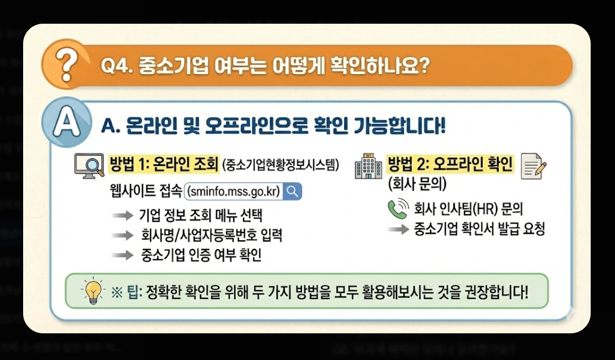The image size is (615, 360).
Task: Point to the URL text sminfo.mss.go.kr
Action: [x=232, y=192]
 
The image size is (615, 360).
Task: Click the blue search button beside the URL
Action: [x=293, y=192]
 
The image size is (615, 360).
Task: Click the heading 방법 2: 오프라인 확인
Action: [x=450, y=163]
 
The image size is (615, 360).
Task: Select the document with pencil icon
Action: [x=533, y=165]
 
